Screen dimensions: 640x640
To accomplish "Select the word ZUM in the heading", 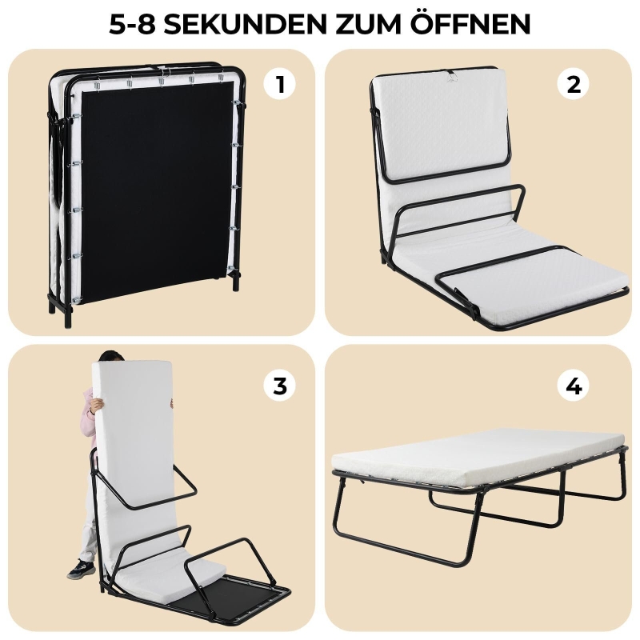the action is point(370,24).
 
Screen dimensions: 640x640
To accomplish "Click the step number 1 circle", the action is point(279,85).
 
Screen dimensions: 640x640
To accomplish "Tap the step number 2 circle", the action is point(574,85).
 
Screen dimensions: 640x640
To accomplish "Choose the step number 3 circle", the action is point(279,386).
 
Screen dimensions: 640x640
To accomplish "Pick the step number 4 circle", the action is point(574,386).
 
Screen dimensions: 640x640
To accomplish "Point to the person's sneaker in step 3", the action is point(82,570).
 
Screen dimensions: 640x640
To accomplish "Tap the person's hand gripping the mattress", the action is point(95,406).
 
